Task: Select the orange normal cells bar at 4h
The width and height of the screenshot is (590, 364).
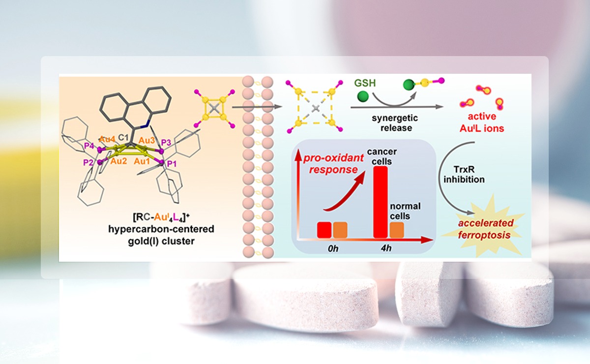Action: tap(397, 230)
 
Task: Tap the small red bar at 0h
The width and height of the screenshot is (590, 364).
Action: tap(324, 230)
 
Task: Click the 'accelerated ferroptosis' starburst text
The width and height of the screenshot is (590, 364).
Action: tap(487, 229)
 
